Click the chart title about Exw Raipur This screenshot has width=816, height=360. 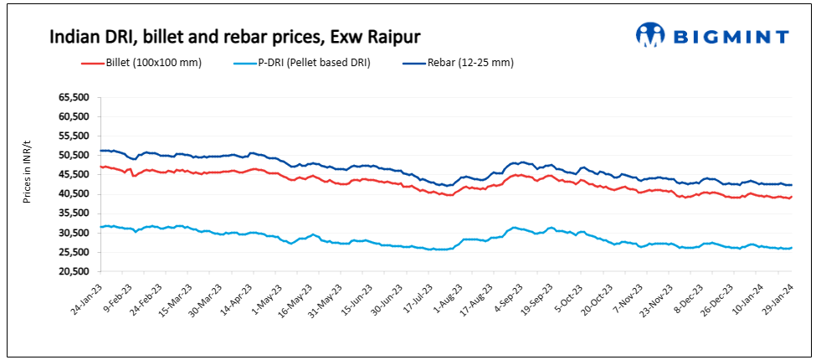pyautogui.click(x=234, y=37)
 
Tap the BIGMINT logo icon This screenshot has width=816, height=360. pyautogui.click(x=650, y=35)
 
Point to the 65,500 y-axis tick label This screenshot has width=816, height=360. pyautogui.click(x=74, y=97)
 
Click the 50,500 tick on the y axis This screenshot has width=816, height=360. pyautogui.click(x=74, y=155)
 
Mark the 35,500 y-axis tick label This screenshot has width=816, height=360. pyautogui.click(x=74, y=213)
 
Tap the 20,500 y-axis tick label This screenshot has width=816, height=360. pyautogui.click(x=74, y=272)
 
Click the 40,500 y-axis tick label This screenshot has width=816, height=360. pyautogui.click(x=74, y=194)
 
